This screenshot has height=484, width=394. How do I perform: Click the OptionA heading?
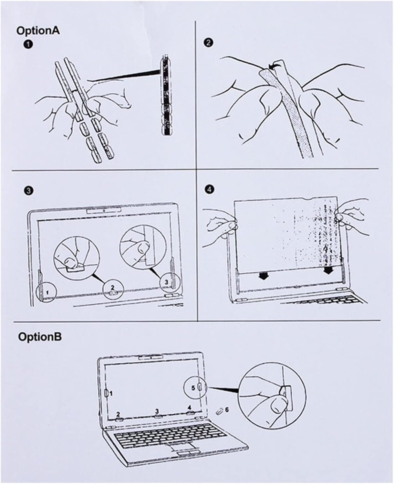click(38, 30)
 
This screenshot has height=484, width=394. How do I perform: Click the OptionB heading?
click(40, 337)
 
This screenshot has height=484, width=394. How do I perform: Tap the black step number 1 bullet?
click(28, 44)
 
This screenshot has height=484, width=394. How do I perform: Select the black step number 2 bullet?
click(209, 43)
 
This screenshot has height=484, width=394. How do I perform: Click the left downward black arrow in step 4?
click(263, 276)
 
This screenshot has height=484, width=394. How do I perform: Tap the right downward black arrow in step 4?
click(328, 270)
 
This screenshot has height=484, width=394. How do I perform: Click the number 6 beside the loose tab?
click(227, 409)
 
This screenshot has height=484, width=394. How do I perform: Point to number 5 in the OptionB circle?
click(193, 388)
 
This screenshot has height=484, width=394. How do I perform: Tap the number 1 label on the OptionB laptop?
click(111, 393)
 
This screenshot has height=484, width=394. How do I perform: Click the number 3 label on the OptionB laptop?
click(157, 411)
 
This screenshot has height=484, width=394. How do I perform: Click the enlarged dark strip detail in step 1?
click(166, 96)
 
